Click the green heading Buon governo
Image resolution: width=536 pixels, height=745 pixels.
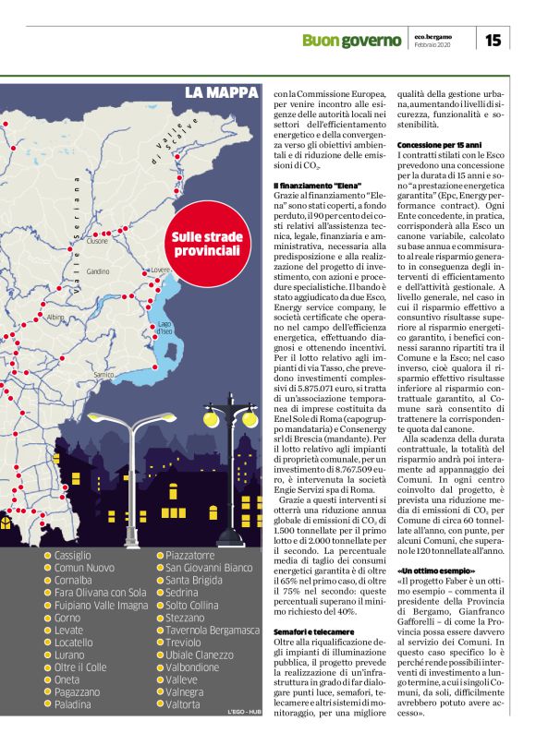pos(353,40)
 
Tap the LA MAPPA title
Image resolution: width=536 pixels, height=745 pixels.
pos(220,92)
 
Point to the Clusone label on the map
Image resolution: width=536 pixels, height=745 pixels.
pos(97,242)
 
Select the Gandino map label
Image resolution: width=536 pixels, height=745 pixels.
pos(98,271)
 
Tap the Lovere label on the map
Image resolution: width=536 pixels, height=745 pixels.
pos(160,270)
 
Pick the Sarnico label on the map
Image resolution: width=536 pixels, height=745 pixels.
pos(104,374)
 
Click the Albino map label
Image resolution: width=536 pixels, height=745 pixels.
pos(55,317)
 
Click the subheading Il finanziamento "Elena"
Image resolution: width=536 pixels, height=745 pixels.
pos(316,186)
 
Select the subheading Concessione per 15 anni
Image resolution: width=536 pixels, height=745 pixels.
pos(440,146)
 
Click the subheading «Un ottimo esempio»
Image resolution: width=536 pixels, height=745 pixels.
pos(437,571)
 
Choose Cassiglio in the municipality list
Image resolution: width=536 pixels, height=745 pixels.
pos(73,556)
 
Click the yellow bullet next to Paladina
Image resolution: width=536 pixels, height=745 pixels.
pos(48,704)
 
